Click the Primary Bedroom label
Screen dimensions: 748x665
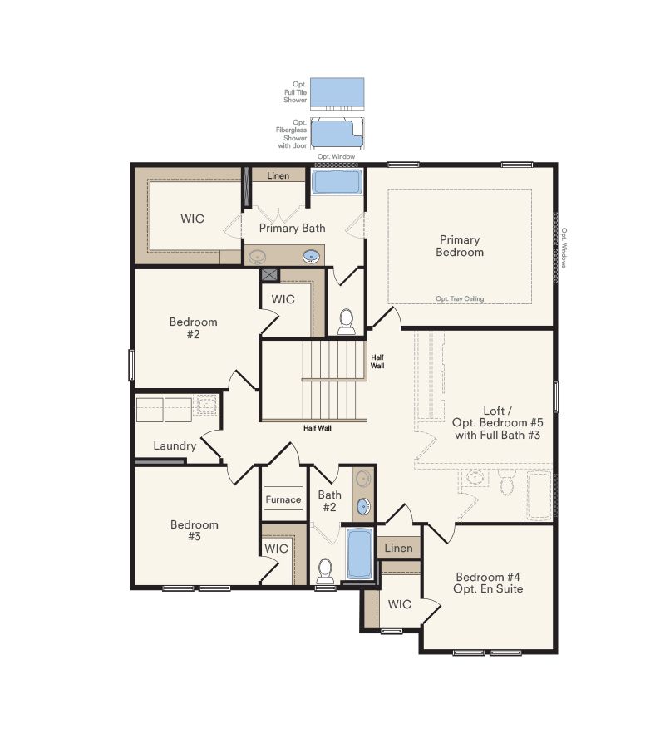pos(460,246)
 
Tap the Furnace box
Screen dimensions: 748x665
pos(283,499)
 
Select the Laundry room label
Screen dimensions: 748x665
pos(175,445)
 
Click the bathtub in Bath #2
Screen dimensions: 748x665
pos(360,554)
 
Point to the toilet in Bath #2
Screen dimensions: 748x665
pos(326,570)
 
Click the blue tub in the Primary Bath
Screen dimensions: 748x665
pos(337,182)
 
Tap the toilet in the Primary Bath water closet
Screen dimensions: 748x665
pos(347,320)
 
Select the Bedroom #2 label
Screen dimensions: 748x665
pos(194,328)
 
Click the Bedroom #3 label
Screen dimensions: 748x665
pos(195,530)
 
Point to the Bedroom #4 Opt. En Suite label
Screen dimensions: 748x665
pos(489,583)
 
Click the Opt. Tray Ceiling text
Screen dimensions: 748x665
pos(460,299)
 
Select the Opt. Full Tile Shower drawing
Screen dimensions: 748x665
pos(337,92)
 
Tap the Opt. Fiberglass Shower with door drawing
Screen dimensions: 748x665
pos(337,133)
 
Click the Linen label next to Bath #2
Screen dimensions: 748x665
pos(399,549)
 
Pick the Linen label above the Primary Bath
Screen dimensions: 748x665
pos(278,176)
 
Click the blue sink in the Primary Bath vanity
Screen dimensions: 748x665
pos(311,256)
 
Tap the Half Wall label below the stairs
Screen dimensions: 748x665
pos(318,428)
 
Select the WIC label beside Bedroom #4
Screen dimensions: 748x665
pos(400,604)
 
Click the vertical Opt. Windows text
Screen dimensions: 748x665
pos(564,248)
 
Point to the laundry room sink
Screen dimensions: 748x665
pos(204,406)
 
